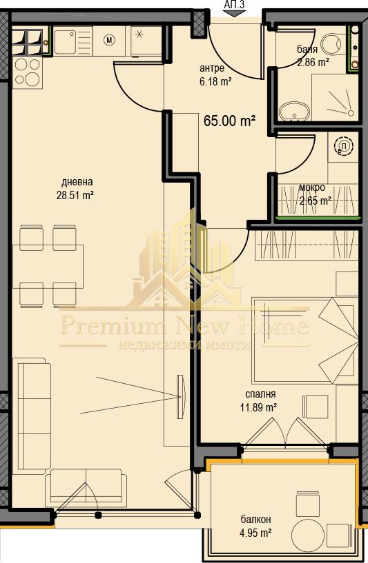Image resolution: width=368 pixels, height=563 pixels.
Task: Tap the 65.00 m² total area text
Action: point(229,121)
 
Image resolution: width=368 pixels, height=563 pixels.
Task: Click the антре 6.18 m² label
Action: point(215,74)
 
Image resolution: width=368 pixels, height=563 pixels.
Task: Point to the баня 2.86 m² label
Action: point(312,56)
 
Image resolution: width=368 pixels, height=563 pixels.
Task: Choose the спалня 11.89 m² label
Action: point(261,400)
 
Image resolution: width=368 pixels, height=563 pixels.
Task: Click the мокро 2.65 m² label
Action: point(314,194)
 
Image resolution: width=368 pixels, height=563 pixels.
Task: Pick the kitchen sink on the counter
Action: point(68,42)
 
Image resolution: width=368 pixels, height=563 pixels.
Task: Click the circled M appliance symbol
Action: point(109,40)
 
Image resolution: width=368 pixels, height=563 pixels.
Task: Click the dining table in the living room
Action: point(48,265)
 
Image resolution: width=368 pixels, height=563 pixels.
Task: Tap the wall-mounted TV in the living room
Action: point(181,396)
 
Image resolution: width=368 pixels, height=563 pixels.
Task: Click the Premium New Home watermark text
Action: point(184,325)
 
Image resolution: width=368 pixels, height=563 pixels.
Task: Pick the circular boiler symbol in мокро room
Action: point(343,147)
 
